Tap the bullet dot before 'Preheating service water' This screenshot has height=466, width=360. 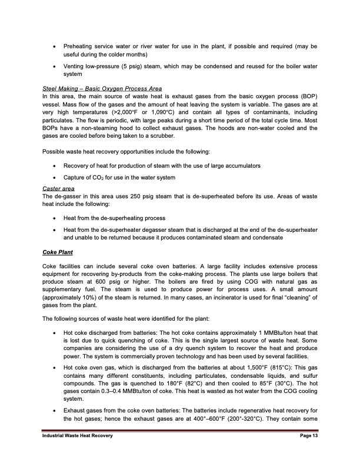coord(55,46)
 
